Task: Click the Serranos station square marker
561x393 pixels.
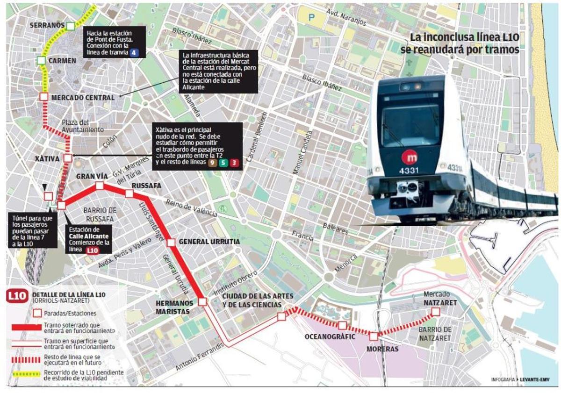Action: point(70,26)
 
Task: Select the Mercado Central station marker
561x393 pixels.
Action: point(43,97)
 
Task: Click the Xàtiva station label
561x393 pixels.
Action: point(47,159)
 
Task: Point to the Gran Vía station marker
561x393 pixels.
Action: point(100,186)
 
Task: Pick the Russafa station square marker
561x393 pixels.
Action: point(129,194)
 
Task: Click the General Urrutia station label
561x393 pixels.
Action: point(209,242)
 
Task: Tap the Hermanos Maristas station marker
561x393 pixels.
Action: point(202,302)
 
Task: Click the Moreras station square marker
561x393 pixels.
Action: point(374,336)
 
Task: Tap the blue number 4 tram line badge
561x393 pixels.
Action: point(135,53)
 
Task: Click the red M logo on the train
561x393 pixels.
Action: point(410,156)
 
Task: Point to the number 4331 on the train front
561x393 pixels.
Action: point(408,171)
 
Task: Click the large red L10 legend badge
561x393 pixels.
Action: point(18,296)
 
